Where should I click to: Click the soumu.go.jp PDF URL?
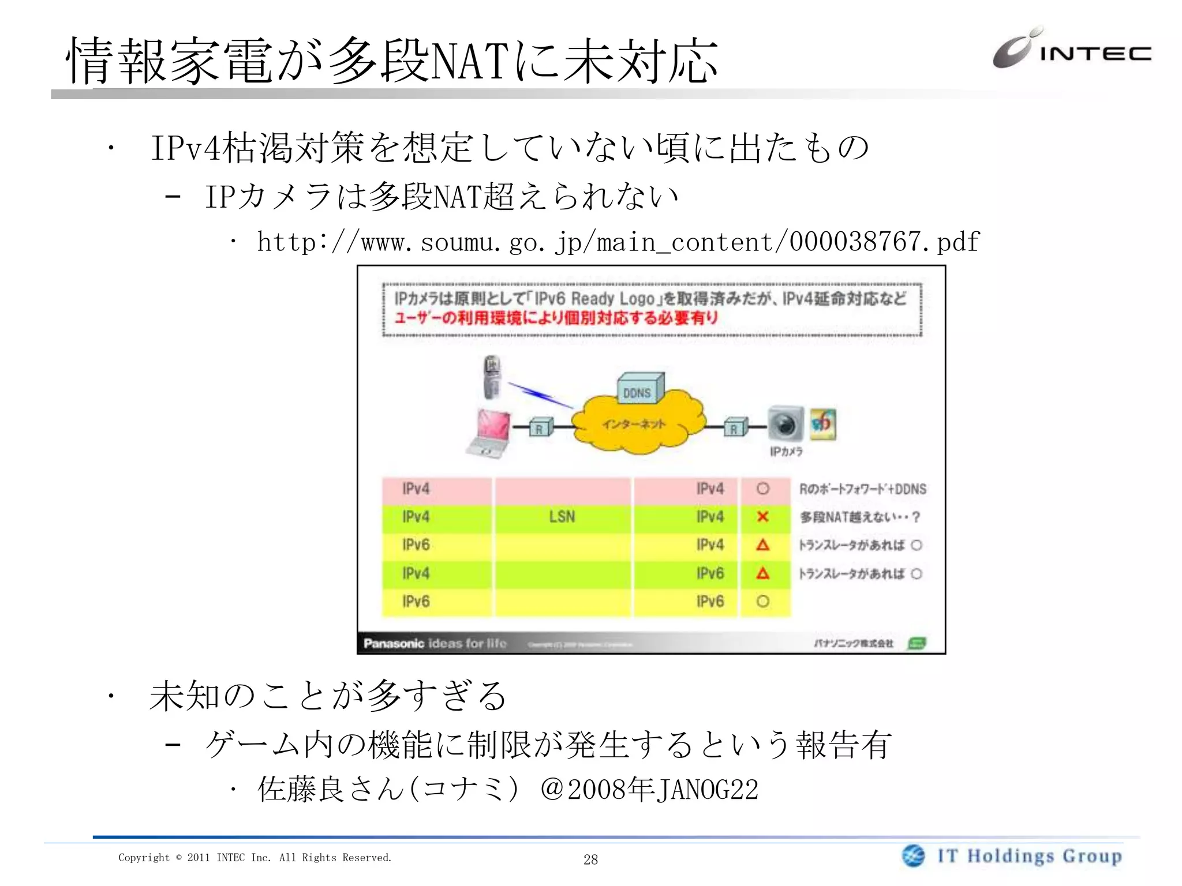(x=618, y=242)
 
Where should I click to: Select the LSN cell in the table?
(x=562, y=517)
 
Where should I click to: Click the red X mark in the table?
(x=762, y=517)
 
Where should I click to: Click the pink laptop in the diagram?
(x=489, y=433)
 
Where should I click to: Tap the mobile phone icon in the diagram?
(x=492, y=376)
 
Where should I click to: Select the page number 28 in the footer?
(x=590, y=859)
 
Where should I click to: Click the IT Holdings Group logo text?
(x=1030, y=856)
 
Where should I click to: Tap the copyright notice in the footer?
(x=255, y=858)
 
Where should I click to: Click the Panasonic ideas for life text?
(x=435, y=643)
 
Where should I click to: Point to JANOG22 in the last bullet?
(x=707, y=790)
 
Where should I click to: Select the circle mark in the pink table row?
(x=762, y=489)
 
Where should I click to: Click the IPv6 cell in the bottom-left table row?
(x=416, y=602)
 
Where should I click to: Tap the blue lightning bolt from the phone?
(x=539, y=395)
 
